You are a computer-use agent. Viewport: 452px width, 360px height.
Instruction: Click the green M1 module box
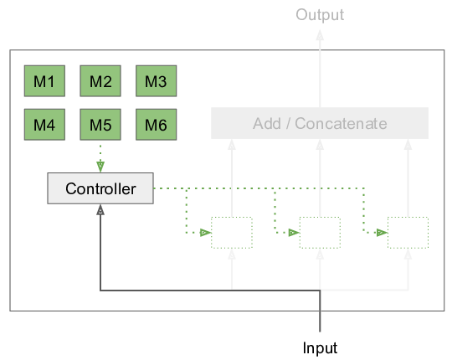44,81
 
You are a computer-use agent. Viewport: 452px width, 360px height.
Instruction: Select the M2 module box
100,81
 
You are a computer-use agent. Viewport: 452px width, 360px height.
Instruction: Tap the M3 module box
157,81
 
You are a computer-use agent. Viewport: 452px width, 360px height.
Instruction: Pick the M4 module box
44,125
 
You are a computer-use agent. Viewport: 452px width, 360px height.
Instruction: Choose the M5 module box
100,125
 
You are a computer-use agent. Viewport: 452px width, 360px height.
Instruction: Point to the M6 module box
157,125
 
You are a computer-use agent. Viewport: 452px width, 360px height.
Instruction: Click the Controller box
100,188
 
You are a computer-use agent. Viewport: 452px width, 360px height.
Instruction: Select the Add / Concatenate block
320,123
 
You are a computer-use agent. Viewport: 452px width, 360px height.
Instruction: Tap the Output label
320,15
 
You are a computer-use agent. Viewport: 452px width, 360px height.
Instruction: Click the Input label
320,347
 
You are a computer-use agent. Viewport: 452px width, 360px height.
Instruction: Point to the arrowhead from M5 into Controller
100,167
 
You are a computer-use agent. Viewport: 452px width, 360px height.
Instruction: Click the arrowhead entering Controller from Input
100,209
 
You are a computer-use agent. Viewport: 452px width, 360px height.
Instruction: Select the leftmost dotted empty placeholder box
232,233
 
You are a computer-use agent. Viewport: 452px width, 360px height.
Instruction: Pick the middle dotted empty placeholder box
320,233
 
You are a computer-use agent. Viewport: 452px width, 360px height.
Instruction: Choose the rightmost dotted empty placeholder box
408,233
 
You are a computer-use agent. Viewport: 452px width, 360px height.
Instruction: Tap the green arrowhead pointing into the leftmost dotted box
206,232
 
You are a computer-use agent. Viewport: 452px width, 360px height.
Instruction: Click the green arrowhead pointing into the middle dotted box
294,232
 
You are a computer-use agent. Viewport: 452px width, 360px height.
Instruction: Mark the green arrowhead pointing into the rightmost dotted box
382,232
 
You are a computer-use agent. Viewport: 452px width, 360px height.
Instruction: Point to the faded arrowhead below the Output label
320,35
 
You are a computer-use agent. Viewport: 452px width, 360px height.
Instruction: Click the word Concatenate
341,124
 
